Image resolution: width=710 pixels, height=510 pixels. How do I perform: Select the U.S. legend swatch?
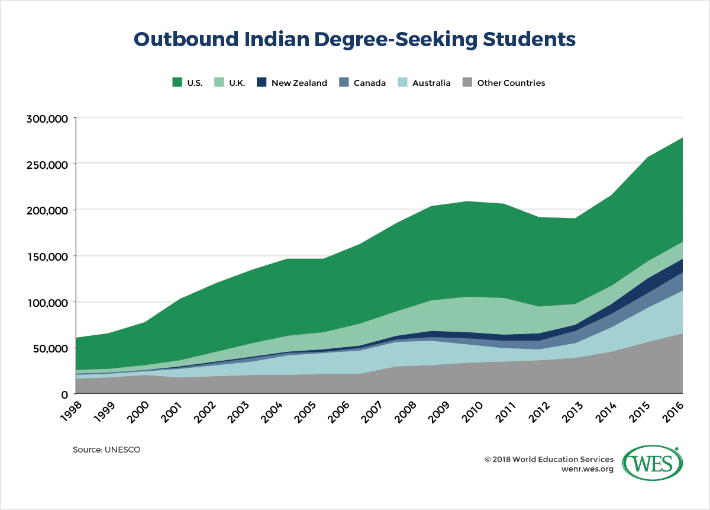[177, 83]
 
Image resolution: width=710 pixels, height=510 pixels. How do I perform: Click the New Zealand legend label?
[299, 83]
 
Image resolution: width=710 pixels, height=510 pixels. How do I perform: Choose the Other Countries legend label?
[511, 83]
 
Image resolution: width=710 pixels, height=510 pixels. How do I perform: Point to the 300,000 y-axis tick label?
[47, 118]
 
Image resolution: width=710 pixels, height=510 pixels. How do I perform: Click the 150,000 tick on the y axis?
[47, 256]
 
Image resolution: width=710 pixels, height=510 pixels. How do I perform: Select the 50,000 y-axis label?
[50, 348]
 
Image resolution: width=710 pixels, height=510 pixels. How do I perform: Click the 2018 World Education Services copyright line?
[548, 459]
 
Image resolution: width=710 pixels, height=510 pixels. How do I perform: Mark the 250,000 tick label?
[47, 164]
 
